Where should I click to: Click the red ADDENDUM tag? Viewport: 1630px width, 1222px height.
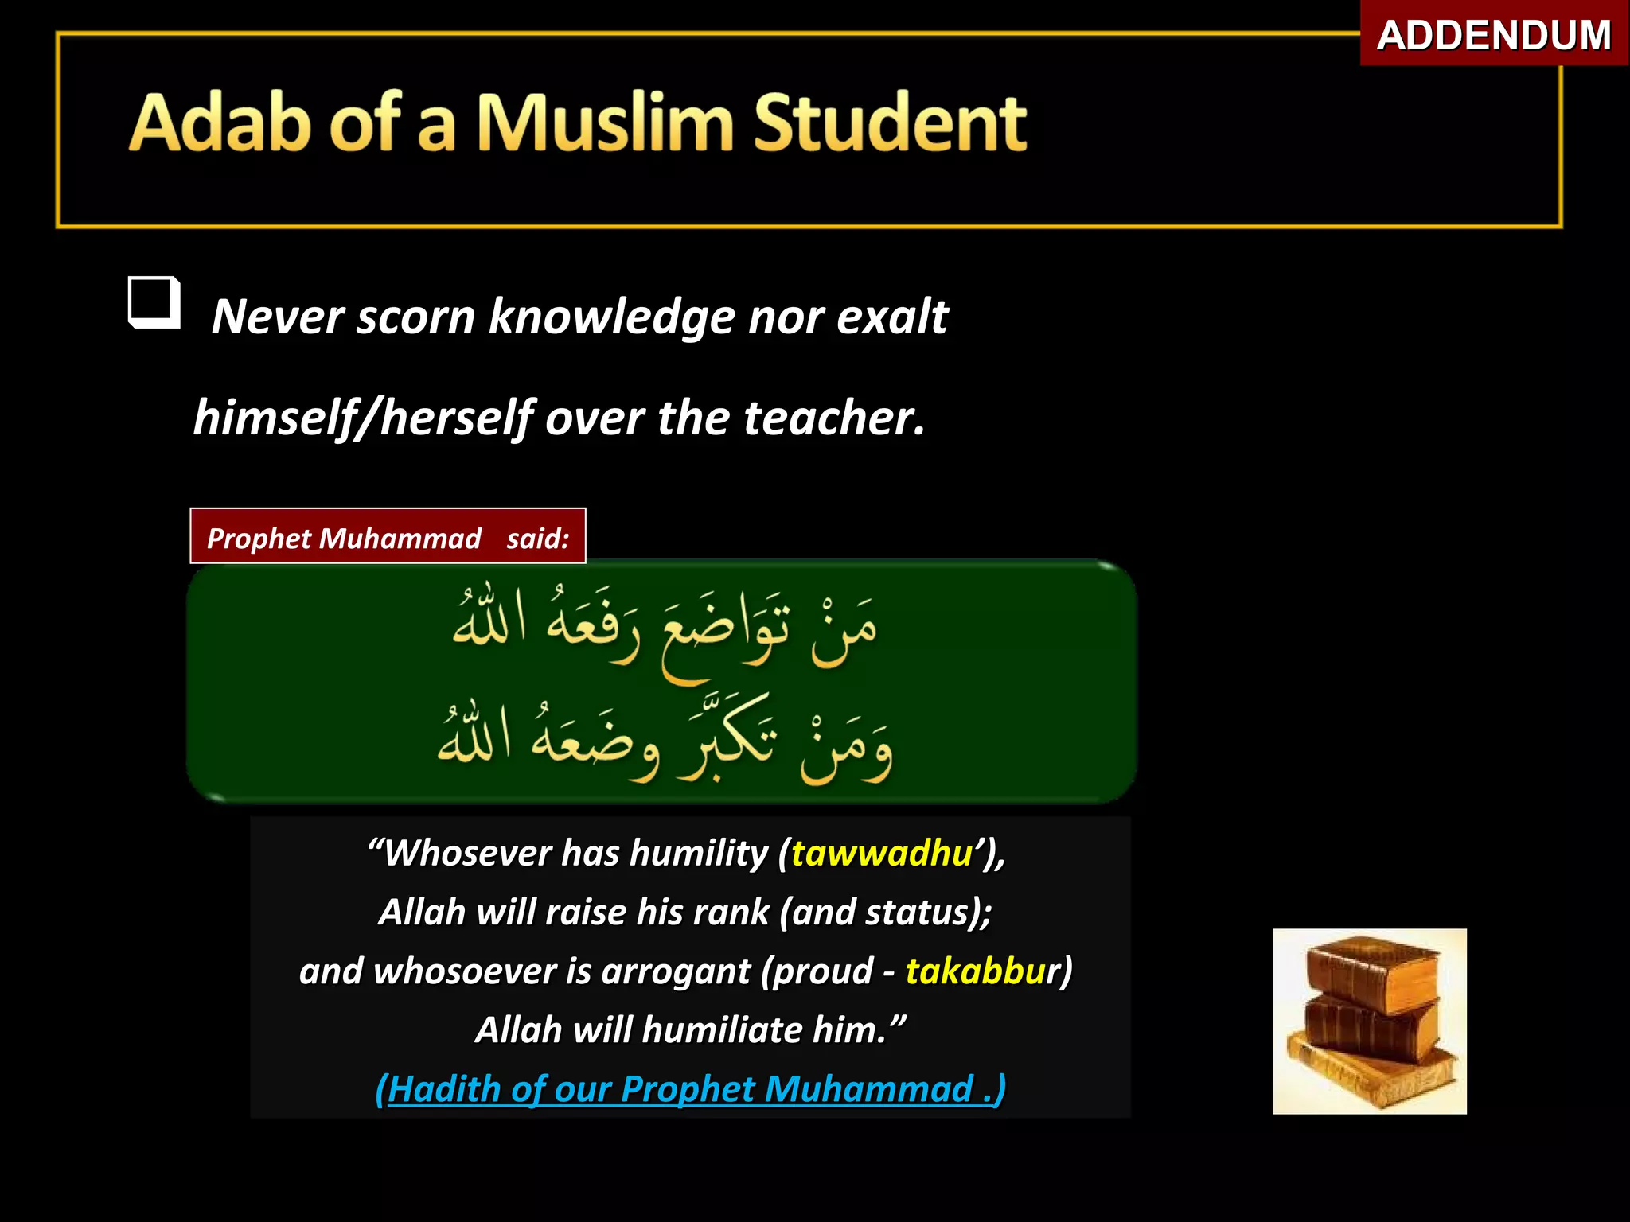click(x=1494, y=35)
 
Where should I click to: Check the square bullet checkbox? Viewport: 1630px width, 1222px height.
click(x=154, y=302)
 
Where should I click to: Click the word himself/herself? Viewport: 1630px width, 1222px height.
click(x=363, y=418)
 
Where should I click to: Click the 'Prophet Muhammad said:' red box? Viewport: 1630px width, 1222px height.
click(x=388, y=537)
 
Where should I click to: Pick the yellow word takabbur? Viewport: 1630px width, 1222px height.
click(x=984, y=971)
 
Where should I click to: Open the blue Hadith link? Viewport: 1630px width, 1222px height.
click(x=690, y=1089)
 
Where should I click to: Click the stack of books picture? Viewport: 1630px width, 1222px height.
click(x=1369, y=1021)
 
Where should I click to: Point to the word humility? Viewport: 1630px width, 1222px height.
click(x=699, y=854)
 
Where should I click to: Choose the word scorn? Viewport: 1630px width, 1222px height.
click(x=416, y=317)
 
